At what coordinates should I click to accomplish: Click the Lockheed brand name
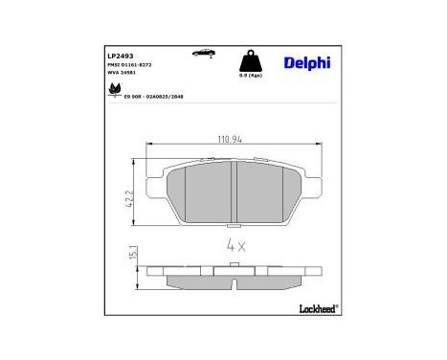(x=316, y=309)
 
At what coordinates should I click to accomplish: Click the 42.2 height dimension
(x=130, y=198)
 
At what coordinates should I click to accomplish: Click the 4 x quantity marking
(x=235, y=245)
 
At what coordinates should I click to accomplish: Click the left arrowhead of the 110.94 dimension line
(x=147, y=145)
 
